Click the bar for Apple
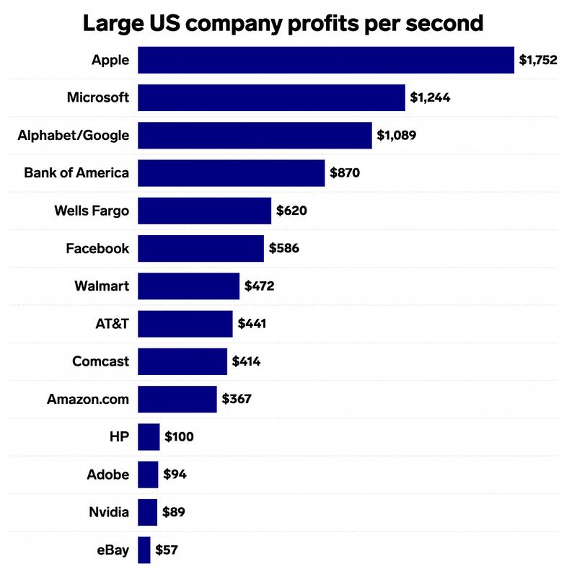[x=325, y=60]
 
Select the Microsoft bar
[x=271, y=97]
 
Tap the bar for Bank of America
[x=231, y=173]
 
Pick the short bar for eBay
[x=144, y=550]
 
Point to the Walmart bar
[x=188, y=286]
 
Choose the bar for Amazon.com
[x=177, y=399]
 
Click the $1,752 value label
[x=538, y=60]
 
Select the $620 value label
[x=291, y=211]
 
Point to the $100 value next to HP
[x=179, y=436]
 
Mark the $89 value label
[x=174, y=512]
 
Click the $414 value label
[x=246, y=361]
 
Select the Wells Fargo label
[x=92, y=211]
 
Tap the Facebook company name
[x=97, y=248]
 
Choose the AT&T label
[x=111, y=324]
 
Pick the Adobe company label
[x=107, y=475]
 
